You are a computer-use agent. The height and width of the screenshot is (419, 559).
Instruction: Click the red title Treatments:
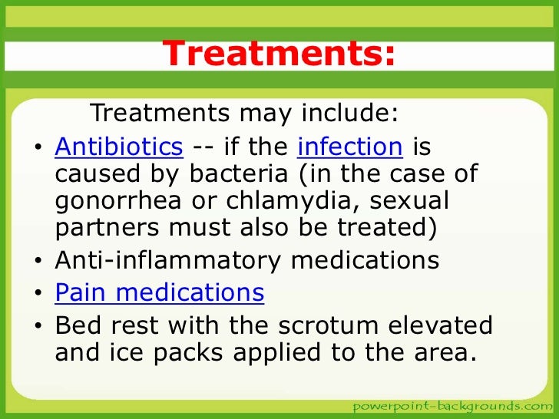pos(280,54)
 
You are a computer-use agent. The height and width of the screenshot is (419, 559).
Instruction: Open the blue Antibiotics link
pos(119,145)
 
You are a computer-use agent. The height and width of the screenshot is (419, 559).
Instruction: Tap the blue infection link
pos(349,145)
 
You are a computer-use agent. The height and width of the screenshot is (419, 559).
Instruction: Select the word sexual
pos(414,202)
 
